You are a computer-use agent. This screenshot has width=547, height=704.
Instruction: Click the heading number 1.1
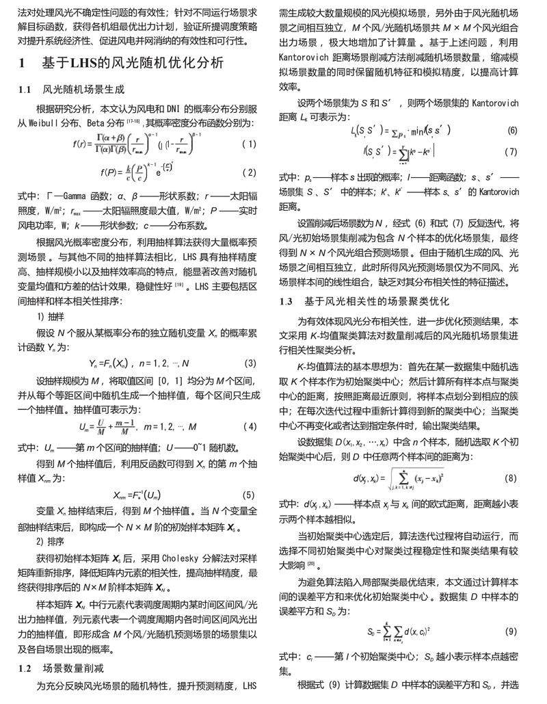(24, 90)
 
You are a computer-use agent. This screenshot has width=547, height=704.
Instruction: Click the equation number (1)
(249, 144)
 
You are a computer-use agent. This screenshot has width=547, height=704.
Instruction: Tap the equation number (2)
(249, 172)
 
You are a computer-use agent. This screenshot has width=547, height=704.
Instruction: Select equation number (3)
(250, 363)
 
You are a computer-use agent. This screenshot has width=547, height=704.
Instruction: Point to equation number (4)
(250, 427)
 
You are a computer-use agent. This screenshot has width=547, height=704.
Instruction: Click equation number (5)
(250, 495)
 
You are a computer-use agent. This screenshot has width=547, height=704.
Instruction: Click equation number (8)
(511, 477)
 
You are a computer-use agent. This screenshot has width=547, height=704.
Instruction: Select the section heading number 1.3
(287, 301)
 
